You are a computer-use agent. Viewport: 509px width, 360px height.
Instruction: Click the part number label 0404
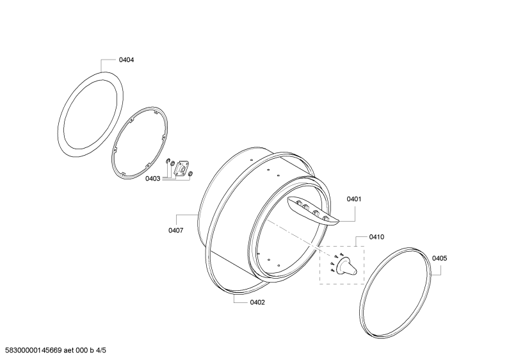(x=126, y=60)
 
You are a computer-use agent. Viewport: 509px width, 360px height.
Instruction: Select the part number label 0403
(x=152, y=178)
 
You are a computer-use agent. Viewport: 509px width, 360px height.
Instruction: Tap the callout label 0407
(x=175, y=231)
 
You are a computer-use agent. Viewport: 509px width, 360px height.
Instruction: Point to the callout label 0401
(x=354, y=199)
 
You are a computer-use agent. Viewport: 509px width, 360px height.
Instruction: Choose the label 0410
(x=376, y=237)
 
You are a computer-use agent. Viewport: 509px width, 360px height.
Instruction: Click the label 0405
(x=439, y=258)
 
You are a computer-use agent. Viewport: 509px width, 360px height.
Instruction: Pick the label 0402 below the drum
(x=257, y=302)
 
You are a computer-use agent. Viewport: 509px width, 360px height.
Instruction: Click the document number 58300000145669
(x=34, y=350)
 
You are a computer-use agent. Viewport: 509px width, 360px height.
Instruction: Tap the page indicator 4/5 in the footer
(x=101, y=350)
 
